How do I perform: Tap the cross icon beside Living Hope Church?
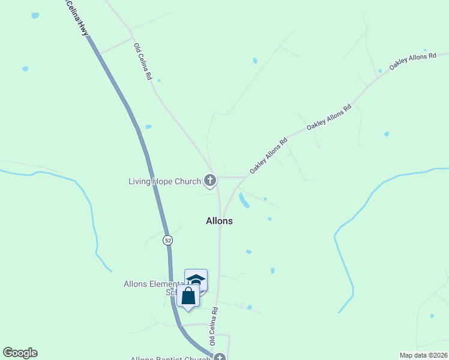pyautogui.click(x=210, y=179)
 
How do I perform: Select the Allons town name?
pyautogui.click(x=219, y=221)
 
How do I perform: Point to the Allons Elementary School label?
pyautogui.click(x=154, y=284)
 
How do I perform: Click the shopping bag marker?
pyautogui.click(x=188, y=296)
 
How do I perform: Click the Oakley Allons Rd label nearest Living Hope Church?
pyautogui.click(x=269, y=156)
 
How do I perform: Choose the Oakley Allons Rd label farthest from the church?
pyautogui.click(x=412, y=61)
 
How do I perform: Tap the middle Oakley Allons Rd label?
pyautogui.click(x=329, y=118)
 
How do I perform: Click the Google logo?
pyautogui.click(x=20, y=353)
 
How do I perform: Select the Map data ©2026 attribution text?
pyautogui.click(x=423, y=355)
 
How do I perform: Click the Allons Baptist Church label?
pyautogui.click(x=171, y=359)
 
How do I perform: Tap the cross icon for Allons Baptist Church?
pyautogui.click(x=220, y=358)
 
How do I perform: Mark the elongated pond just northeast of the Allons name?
pyautogui.click(x=244, y=200)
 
